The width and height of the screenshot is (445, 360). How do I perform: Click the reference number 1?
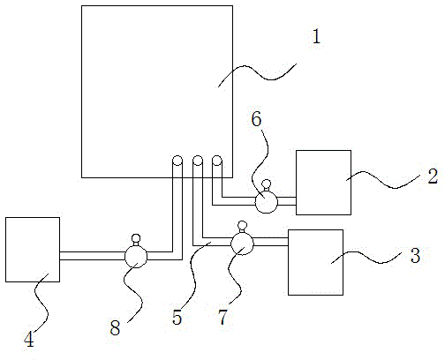[x=316, y=36]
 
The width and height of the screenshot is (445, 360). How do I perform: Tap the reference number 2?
[x=433, y=176]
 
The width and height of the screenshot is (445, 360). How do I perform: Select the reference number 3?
[x=415, y=255]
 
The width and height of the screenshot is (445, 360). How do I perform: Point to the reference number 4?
[x=29, y=340]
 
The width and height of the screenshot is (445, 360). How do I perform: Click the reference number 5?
[x=177, y=318]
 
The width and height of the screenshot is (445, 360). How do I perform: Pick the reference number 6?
[x=256, y=119]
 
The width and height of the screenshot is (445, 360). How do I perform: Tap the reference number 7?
[x=223, y=318]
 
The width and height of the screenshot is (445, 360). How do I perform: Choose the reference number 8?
[x=115, y=328]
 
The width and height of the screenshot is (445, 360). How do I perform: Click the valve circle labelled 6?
[x=266, y=201]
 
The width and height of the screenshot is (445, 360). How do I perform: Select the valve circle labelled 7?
[x=242, y=244]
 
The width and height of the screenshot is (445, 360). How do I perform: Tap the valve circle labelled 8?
[x=136, y=257]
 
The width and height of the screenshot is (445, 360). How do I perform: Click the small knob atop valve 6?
[x=267, y=184]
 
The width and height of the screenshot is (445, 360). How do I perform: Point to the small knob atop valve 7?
[x=242, y=225]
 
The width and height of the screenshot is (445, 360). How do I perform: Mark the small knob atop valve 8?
[x=136, y=238]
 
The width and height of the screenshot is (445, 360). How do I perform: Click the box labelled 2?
[x=323, y=183]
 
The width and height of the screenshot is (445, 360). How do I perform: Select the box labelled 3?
[x=315, y=262]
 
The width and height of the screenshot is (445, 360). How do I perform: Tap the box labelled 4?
[x=33, y=250]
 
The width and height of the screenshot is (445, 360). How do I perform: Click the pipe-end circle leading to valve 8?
[x=177, y=161]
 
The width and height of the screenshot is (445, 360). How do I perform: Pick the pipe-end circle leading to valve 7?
[x=198, y=161]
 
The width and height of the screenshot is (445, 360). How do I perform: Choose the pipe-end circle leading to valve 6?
[x=217, y=161]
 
